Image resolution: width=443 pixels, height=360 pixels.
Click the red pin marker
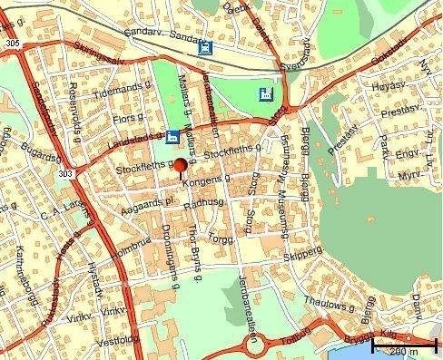point(180,165)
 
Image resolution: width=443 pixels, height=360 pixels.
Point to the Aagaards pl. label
point(142,209)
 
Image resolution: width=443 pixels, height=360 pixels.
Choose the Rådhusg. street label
point(202,208)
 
